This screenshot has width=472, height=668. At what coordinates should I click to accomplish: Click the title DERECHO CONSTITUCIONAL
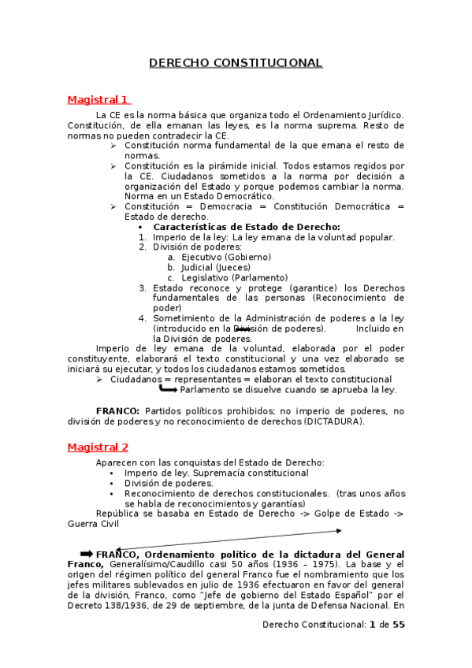(x=236, y=63)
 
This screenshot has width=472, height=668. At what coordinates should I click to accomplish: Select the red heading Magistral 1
(x=98, y=99)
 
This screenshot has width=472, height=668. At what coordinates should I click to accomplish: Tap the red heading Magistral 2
(x=98, y=447)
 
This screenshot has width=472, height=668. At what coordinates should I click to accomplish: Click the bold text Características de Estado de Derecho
(x=246, y=227)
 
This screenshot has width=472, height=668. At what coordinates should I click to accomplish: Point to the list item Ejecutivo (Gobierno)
(x=226, y=257)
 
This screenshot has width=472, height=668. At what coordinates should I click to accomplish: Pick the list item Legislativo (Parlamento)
(x=234, y=277)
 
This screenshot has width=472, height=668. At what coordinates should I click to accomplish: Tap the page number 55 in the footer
(x=398, y=625)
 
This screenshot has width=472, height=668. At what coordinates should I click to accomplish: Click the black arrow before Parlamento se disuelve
(x=168, y=388)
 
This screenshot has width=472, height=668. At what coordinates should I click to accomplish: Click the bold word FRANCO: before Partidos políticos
(x=118, y=411)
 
